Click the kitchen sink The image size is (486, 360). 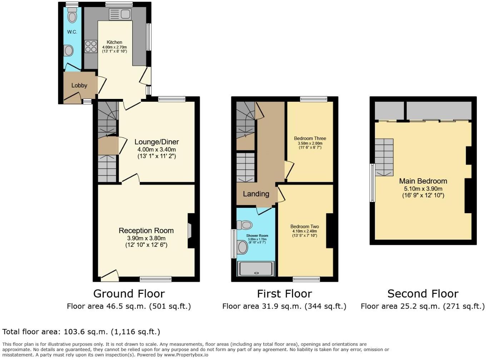(120, 14)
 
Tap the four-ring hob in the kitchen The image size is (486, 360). (91, 47)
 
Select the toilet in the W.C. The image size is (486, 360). (73, 16)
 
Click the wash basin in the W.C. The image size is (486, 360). (68, 51)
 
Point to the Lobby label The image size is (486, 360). (79, 85)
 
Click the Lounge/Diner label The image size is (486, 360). (157, 142)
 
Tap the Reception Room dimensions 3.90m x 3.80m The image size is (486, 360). (146, 238)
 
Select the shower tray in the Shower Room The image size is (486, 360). (256, 269)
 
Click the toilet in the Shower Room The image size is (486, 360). (246, 225)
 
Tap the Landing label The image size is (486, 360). (256, 194)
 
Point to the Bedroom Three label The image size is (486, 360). (310, 139)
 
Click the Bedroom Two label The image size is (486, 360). (304, 226)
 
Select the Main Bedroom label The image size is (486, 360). (423, 181)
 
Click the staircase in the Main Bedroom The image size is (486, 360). (384, 157)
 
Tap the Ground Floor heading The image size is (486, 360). (129, 294)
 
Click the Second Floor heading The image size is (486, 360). (423, 294)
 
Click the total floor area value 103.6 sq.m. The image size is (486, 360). (85, 332)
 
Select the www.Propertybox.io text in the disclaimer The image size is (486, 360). (186, 355)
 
